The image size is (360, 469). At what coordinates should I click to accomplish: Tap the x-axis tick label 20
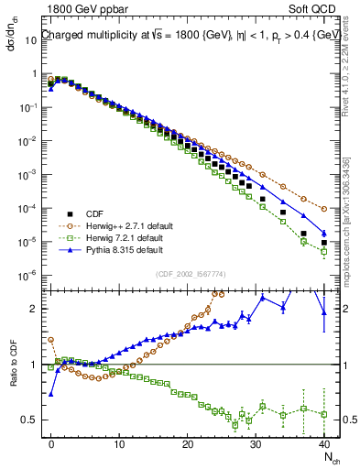click(x=188, y=443)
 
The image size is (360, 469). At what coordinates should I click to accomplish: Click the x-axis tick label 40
click(x=323, y=443)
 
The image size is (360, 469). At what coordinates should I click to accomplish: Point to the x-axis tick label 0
click(x=51, y=443)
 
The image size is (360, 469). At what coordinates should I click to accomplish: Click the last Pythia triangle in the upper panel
click(x=323, y=232)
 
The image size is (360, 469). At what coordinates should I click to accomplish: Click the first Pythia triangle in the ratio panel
click(x=51, y=394)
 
